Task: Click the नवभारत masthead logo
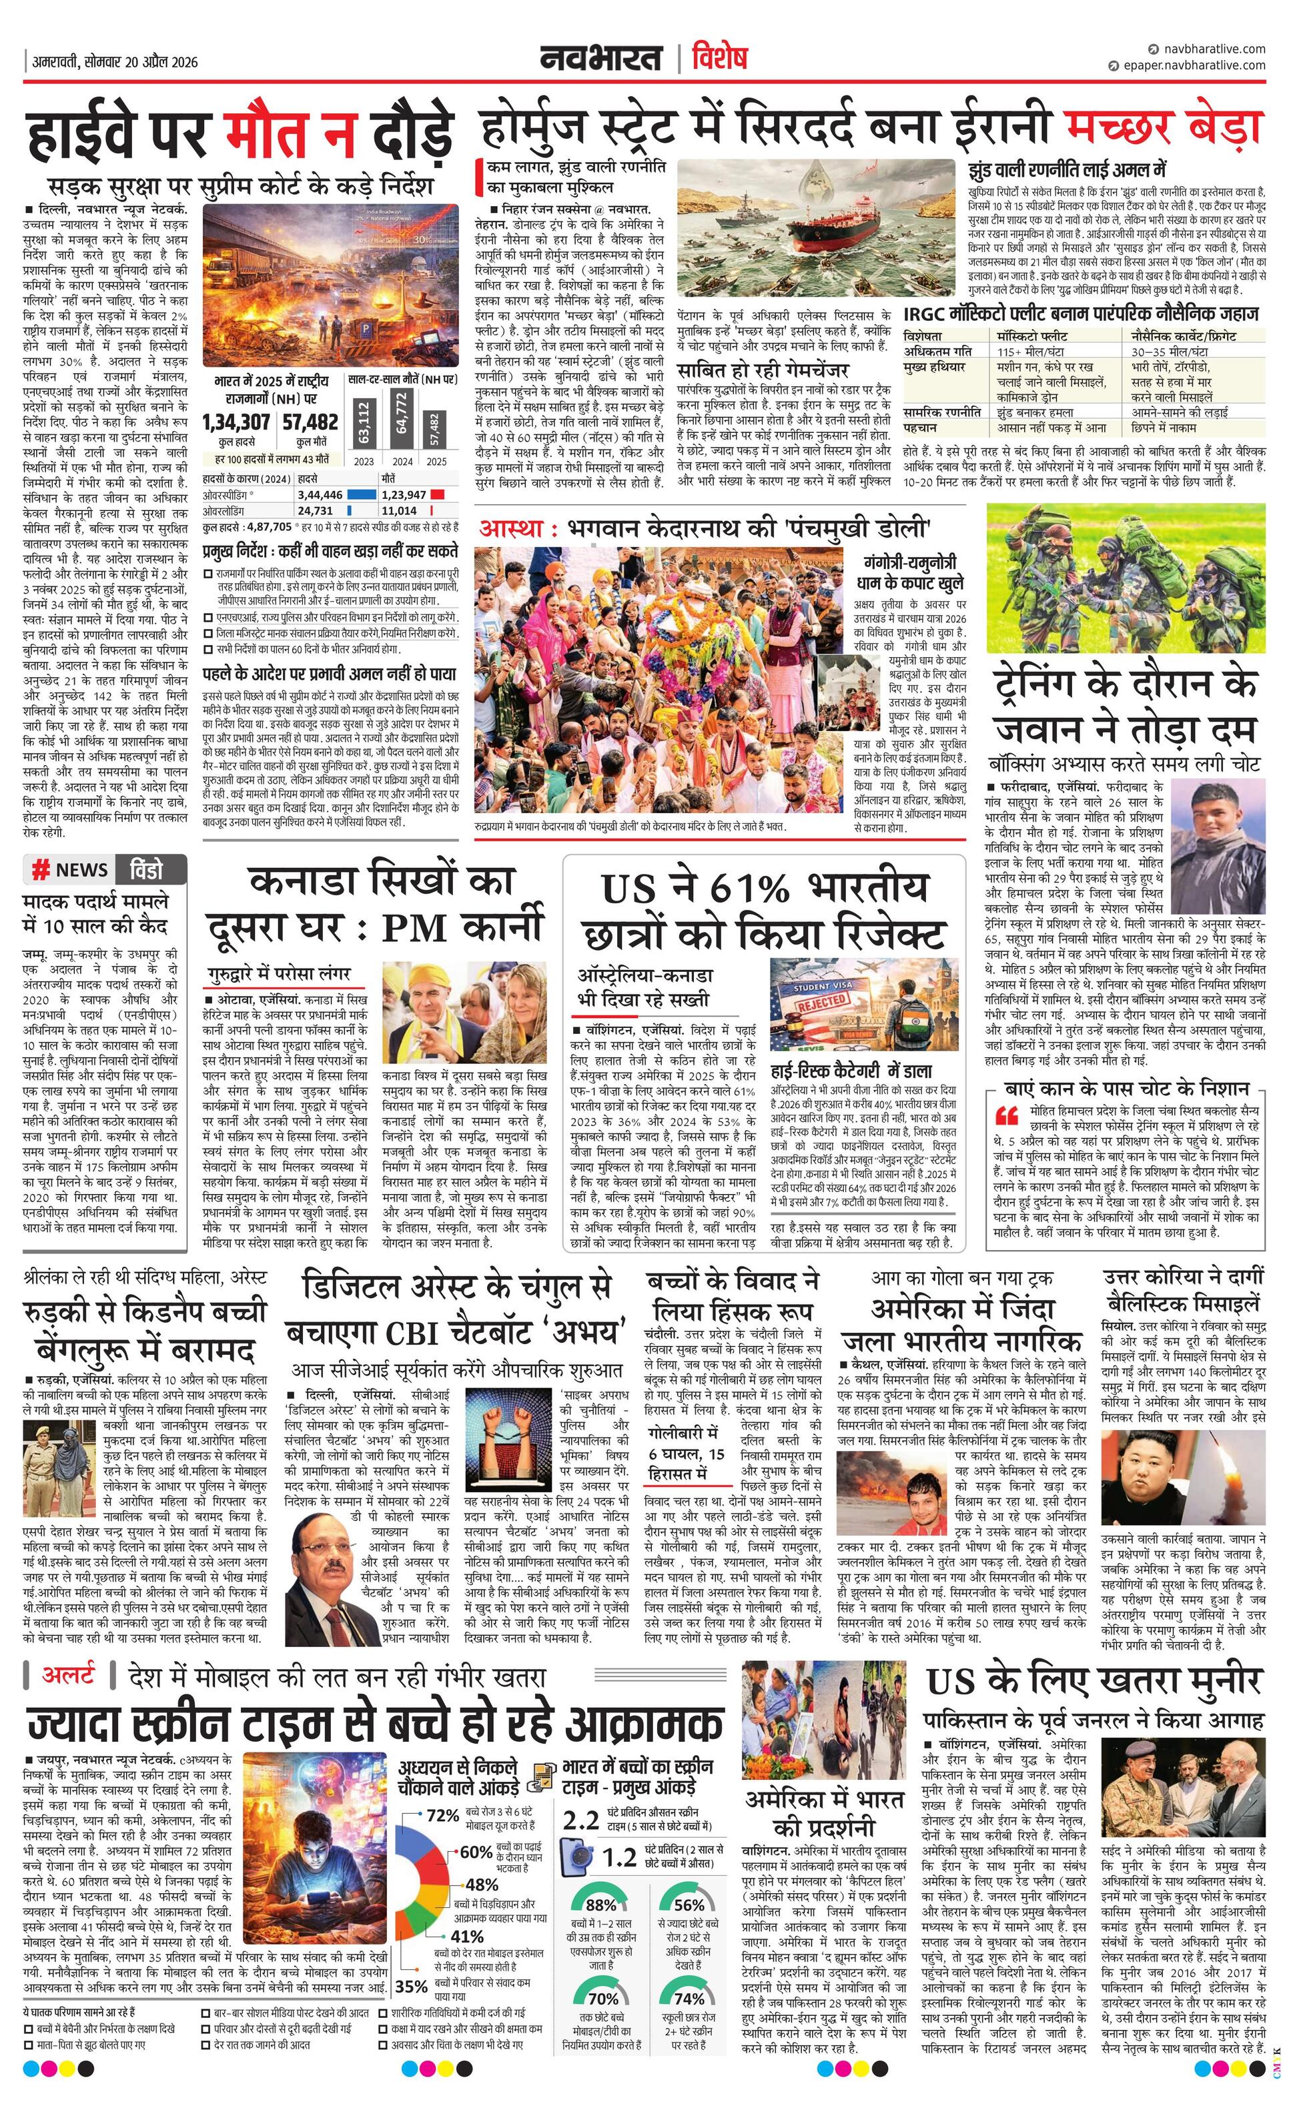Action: [600, 59]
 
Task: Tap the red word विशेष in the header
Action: [719, 59]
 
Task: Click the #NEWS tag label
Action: [69, 870]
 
